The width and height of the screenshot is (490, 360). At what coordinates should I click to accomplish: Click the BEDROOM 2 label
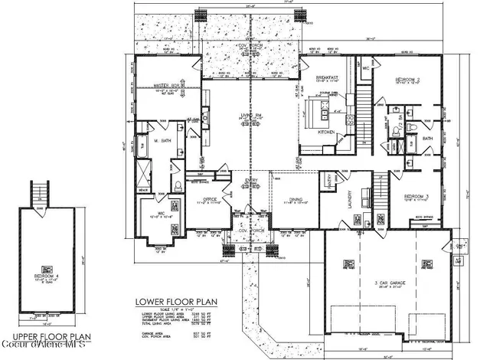click(407, 79)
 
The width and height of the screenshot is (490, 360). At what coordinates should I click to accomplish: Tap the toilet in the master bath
click(176, 185)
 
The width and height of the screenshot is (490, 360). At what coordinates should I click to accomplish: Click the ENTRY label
click(253, 181)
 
